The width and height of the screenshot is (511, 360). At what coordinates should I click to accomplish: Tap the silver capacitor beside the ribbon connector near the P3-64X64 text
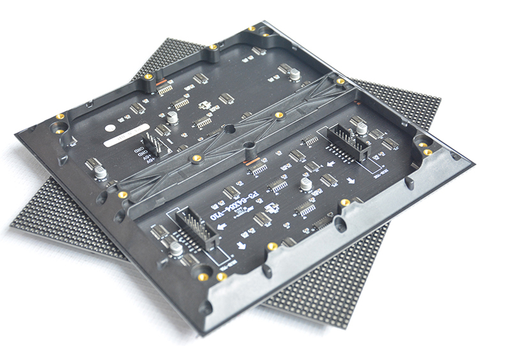point(176,249)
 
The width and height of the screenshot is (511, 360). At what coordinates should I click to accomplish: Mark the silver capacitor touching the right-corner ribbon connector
point(361,128)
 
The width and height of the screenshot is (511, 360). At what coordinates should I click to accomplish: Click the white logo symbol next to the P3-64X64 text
point(271,208)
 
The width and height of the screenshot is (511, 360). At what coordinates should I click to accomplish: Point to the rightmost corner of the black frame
point(473,162)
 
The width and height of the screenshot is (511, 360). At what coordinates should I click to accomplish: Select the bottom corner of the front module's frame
point(203,333)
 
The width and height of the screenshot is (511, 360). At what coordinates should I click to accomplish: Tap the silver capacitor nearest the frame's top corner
point(294,74)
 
